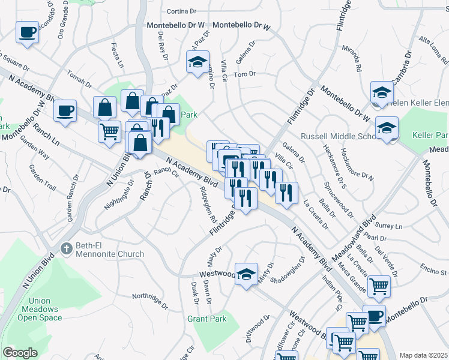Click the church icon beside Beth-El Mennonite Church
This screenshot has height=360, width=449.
pyautogui.click(x=67, y=247)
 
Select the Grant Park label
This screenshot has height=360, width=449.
pyautogui.click(x=206, y=319)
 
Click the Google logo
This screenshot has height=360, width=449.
pyautogui.click(x=20, y=353)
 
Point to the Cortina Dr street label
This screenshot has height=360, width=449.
pyautogui.click(x=181, y=11)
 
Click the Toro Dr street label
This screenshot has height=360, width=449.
pyautogui.click(x=244, y=74)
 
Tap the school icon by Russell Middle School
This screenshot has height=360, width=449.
pyautogui.click(x=387, y=128)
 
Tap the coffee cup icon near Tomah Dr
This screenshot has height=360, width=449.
pyautogui.click(x=65, y=111)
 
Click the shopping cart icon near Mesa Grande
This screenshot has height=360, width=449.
pyautogui.click(x=378, y=287)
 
